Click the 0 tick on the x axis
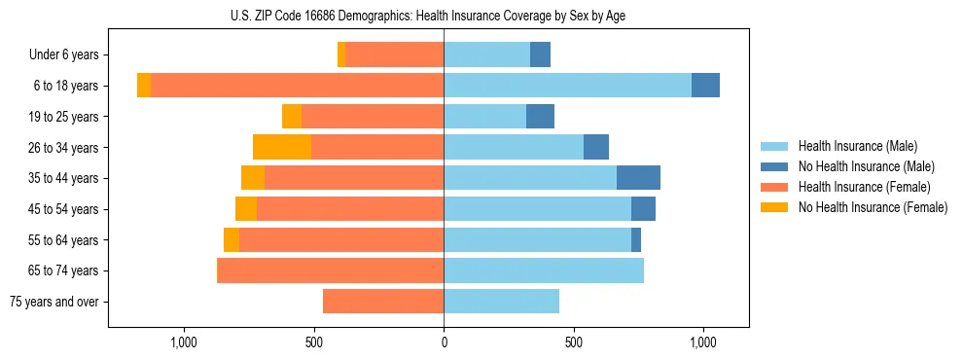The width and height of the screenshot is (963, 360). click(x=444, y=342)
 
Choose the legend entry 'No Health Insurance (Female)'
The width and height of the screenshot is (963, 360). click(x=873, y=207)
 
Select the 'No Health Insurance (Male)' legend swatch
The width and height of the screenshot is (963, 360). click(x=775, y=166)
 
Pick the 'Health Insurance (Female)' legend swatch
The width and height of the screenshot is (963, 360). click(x=775, y=187)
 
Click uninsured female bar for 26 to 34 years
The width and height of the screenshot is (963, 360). click(x=282, y=148)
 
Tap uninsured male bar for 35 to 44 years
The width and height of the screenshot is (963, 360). click(x=638, y=178)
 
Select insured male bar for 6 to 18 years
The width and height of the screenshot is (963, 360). click(x=567, y=86)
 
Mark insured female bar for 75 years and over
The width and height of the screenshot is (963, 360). click(x=383, y=302)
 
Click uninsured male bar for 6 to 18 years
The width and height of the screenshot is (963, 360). click(x=705, y=86)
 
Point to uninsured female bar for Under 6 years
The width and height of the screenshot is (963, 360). click(x=341, y=55)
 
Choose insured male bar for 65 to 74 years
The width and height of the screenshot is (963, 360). click(x=544, y=270)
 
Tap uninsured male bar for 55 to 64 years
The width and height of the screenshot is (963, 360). click(x=636, y=240)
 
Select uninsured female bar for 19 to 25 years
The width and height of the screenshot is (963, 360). click(x=292, y=117)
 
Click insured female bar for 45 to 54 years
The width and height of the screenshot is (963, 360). click(x=350, y=209)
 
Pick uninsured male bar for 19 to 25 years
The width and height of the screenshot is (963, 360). click(x=540, y=117)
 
